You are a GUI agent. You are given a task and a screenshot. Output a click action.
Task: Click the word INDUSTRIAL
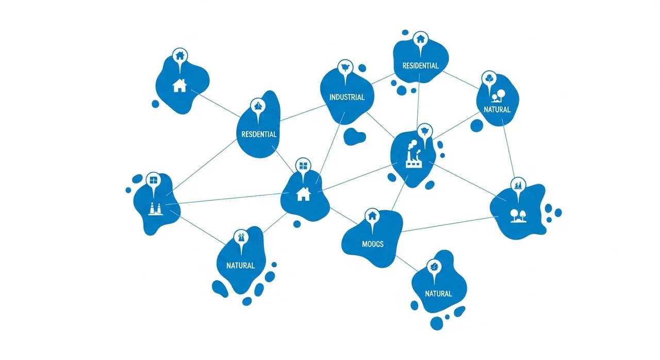pyautogui.click(x=347, y=97)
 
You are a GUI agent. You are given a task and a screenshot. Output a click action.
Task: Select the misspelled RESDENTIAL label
pyautogui.click(x=259, y=134)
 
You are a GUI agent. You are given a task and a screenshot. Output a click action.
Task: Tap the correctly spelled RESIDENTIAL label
pyautogui.click(x=420, y=66)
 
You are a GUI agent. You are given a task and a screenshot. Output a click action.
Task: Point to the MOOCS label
pyautogui.click(x=373, y=244)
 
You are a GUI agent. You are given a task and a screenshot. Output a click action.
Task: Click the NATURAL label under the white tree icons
pyautogui.click(x=497, y=109)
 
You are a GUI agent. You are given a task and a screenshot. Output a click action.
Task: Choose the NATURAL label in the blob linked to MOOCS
pyautogui.click(x=438, y=293)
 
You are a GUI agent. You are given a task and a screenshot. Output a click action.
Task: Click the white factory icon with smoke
pyautogui.click(x=413, y=154)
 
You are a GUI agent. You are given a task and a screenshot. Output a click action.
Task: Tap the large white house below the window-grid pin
pyautogui.click(x=304, y=194)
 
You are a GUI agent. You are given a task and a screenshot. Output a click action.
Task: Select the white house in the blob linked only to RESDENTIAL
pyautogui.click(x=179, y=86)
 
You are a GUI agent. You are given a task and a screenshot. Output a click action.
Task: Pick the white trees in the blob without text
pyautogui.click(x=518, y=216)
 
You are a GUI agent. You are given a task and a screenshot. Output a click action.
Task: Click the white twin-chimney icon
pyautogui.click(x=155, y=209)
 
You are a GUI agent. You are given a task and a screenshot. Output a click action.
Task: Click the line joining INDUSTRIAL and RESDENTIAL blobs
pyautogui.click(x=303, y=113)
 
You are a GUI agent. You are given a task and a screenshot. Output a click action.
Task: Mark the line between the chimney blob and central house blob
pyautogui.click(x=227, y=199)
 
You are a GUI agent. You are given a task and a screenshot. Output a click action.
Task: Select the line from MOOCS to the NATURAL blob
pyautogui.click(x=407, y=263)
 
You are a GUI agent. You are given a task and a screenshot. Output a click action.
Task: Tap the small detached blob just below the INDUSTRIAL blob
pyautogui.click(x=354, y=136)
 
